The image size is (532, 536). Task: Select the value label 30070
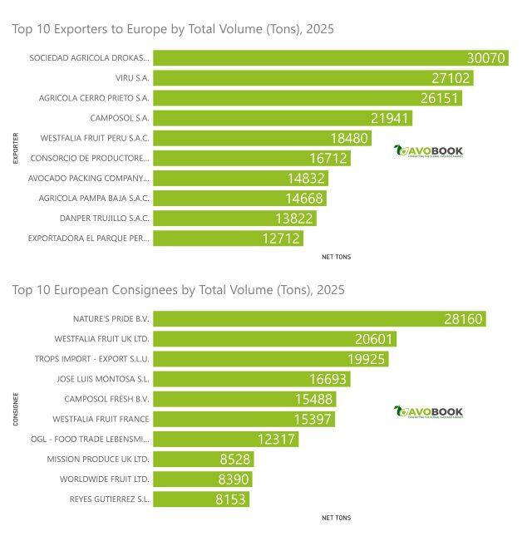485,58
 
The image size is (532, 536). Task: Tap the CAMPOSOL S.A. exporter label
120,118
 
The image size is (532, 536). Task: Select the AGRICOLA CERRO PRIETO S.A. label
94,98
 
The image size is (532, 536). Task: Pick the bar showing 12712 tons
228,238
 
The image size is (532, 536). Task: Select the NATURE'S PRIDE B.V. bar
320,319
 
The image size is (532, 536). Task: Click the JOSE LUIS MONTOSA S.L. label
103,379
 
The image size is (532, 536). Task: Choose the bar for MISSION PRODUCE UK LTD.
203,459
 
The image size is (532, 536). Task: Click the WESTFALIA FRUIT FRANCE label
101,419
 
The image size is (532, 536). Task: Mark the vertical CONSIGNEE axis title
16,409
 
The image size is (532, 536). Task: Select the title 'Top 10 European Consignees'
178,290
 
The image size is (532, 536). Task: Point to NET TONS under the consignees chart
336,518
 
